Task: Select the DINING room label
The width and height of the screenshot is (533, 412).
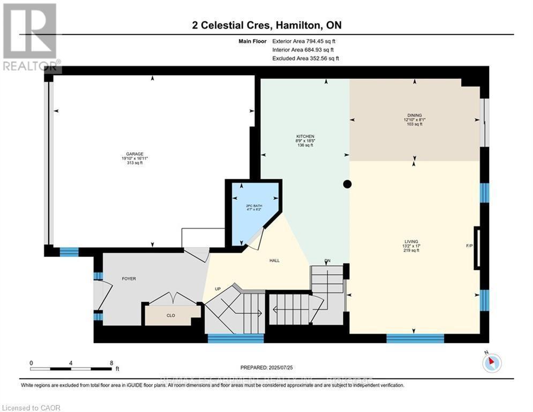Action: point(414,115)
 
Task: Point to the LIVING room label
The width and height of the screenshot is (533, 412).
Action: point(411,241)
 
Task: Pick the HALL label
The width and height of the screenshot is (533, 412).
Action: point(274,261)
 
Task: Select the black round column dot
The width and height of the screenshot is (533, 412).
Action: point(347,184)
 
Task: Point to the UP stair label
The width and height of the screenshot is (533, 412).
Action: point(217,289)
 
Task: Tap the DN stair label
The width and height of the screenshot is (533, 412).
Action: point(327,261)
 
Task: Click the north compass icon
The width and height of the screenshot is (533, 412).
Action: point(491,363)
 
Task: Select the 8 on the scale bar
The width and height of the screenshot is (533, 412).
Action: point(111,363)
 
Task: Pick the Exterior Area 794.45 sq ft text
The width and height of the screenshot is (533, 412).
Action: point(304,41)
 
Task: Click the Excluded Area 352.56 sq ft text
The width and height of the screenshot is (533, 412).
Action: point(305,58)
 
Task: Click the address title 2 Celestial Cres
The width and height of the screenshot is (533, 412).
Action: point(266,25)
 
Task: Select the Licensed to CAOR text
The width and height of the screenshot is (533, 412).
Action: point(32,408)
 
